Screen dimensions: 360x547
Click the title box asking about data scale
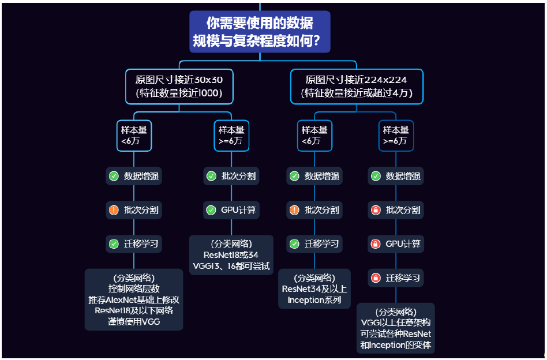click(260, 32)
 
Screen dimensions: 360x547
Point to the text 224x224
click(387, 80)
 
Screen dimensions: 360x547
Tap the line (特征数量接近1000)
click(179, 92)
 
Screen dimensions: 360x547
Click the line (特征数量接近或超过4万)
click(357, 92)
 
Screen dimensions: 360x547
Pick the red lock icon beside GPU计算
click(376, 244)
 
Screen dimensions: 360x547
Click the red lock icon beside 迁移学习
click(376, 278)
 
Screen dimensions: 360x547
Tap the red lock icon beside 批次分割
click(376, 210)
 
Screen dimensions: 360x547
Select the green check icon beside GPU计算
click(211, 210)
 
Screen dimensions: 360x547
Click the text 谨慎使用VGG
click(134, 322)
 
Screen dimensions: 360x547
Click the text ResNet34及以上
click(314, 289)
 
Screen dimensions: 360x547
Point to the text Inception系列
click(314, 300)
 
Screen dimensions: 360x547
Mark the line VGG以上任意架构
click(396, 322)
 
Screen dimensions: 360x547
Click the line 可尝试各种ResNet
click(396, 334)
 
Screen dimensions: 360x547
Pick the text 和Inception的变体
click(396, 345)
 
